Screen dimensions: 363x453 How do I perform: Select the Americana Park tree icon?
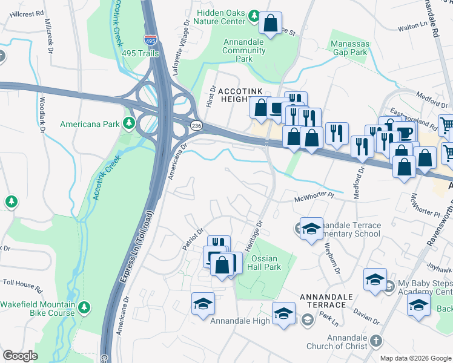click(128, 124)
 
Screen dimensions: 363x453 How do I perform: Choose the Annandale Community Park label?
click(244, 55)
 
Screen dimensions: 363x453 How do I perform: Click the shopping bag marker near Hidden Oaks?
click(270, 24)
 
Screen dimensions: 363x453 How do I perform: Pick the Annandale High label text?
click(240, 321)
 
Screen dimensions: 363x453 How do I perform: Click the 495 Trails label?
click(140, 54)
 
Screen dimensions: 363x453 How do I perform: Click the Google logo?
click(20, 356)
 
